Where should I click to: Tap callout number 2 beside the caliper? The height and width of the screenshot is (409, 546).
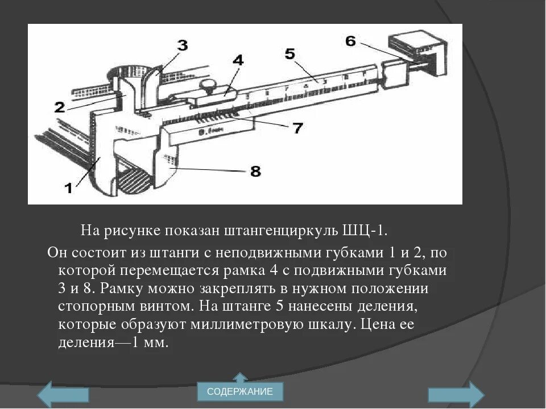click(60, 106)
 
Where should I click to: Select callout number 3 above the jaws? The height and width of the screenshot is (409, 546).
click(182, 45)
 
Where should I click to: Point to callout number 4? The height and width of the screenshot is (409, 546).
click(238, 60)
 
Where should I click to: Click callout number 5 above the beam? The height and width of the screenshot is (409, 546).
click(289, 54)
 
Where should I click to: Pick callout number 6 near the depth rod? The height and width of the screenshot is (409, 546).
click(350, 41)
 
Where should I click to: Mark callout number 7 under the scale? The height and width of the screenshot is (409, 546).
click(298, 128)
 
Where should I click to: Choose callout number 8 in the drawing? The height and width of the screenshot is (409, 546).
click(255, 171)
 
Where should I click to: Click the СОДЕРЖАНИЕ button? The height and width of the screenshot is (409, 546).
click(240, 391)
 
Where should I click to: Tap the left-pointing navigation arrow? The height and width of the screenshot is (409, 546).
click(63, 394)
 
